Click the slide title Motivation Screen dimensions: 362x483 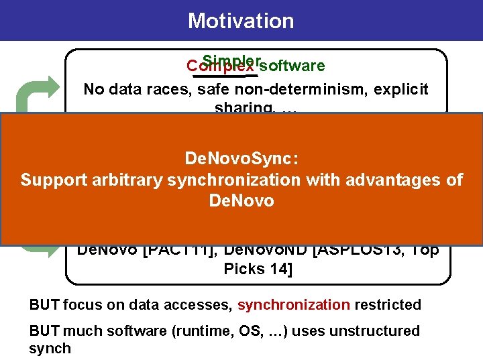coord(241,21)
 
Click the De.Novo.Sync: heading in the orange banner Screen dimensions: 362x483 coord(241,159)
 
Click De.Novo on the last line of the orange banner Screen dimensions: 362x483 coord(241,200)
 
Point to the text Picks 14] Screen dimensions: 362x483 coord(258,269)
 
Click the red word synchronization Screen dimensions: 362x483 coord(293,305)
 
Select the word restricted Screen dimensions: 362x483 coord(387,305)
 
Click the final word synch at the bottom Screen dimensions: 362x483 coord(50,348)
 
